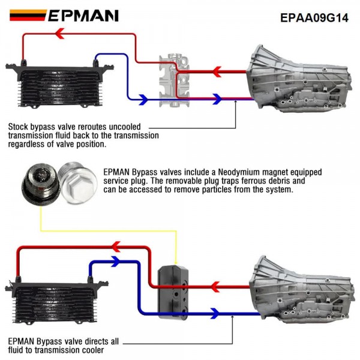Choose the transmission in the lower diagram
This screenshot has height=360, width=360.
point(303,288)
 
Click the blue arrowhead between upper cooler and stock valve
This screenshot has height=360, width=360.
point(143,99)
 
